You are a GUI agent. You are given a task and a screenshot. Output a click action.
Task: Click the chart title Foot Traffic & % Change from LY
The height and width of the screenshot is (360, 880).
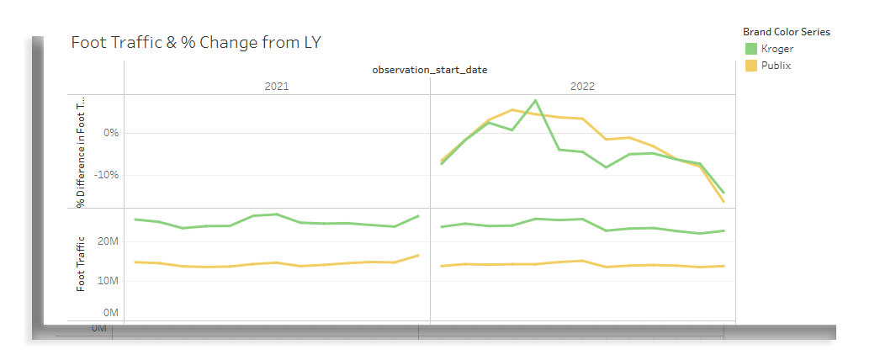click(x=196, y=42)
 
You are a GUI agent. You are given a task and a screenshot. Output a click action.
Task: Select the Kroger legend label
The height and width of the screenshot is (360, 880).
click(x=777, y=49)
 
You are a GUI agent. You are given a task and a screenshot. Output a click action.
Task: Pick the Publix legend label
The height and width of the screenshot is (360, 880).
click(x=777, y=66)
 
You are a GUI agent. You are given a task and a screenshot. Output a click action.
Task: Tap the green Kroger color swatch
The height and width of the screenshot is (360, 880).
click(x=751, y=49)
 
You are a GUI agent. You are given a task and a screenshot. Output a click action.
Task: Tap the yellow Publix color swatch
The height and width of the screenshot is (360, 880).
click(x=751, y=66)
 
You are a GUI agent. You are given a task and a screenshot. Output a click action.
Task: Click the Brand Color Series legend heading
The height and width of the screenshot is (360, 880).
click(x=787, y=32)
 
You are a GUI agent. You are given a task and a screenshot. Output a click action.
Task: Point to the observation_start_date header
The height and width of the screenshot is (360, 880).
click(x=429, y=70)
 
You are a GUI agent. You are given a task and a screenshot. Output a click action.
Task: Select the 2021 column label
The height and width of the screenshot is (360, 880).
click(x=277, y=87)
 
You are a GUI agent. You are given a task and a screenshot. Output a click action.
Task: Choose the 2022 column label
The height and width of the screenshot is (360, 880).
click(x=582, y=87)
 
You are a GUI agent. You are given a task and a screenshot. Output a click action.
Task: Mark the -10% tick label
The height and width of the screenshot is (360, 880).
click(x=107, y=174)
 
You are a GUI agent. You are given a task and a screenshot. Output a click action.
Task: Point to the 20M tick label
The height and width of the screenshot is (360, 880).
click(x=108, y=241)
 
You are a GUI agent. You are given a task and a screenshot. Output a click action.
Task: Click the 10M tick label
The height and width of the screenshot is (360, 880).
click(x=108, y=281)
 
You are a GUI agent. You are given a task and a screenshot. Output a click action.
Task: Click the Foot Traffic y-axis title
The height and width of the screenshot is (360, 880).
click(x=82, y=263)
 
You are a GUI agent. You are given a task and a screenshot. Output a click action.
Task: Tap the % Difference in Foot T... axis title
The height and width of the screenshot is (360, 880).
click(x=82, y=152)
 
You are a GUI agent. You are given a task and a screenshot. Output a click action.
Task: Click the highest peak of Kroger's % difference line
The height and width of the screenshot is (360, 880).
click(x=536, y=100)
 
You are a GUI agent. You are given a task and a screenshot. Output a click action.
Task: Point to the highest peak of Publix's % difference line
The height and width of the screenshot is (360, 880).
click(x=512, y=109)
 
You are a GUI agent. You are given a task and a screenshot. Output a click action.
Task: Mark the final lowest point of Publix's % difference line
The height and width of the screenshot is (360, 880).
click(x=724, y=201)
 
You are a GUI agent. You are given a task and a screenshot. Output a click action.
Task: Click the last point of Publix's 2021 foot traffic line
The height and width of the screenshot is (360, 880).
click(x=419, y=256)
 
